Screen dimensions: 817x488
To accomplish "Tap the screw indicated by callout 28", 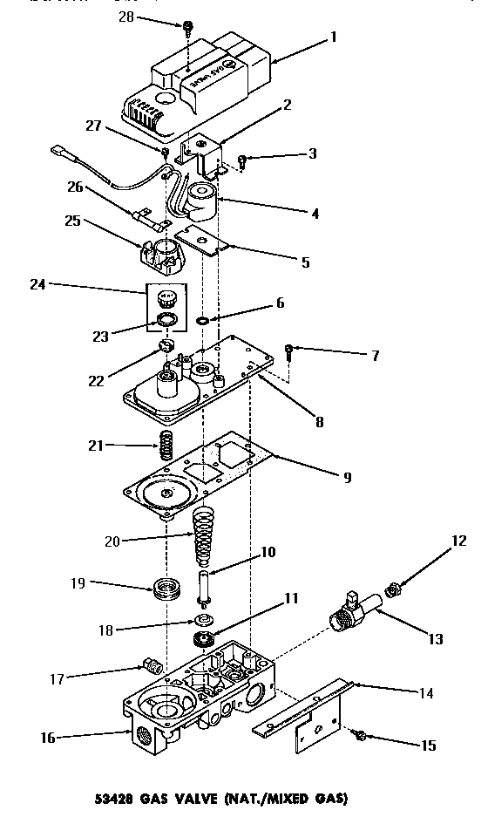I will (x=187, y=28).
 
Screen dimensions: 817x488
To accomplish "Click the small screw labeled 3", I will (x=244, y=159).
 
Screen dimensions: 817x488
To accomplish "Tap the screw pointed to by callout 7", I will (x=289, y=351).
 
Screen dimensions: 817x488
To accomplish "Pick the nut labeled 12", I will (x=393, y=589).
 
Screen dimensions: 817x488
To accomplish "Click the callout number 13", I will (x=435, y=639).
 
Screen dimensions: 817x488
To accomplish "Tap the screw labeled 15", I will (x=357, y=737).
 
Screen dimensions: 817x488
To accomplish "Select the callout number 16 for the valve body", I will (x=48, y=738).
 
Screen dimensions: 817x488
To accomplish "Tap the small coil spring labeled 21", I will (x=164, y=448).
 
